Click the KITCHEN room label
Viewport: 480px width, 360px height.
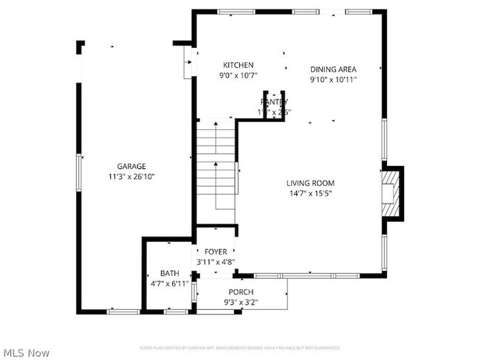pyautogui.click(x=239, y=65)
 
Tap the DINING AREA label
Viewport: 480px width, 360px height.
pyautogui.click(x=333, y=69)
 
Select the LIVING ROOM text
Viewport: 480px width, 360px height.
pyautogui.click(x=310, y=183)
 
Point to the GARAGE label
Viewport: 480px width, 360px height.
pyautogui.click(x=131, y=166)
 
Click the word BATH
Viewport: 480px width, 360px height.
pyautogui.click(x=170, y=273)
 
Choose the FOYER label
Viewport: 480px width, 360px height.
pyautogui.click(x=216, y=252)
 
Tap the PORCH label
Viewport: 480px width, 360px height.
pyautogui.click(x=240, y=292)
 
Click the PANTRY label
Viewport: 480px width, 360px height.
pyautogui.click(x=274, y=102)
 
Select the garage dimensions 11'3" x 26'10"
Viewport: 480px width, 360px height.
pyautogui.click(x=131, y=176)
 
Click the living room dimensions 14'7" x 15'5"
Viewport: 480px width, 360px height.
pyautogui.click(x=310, y=193)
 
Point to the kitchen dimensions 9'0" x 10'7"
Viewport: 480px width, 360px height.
pyautogui.click(x=239, y=75)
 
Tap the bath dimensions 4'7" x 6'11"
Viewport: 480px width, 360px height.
pyautogui.click(x=170, y=283)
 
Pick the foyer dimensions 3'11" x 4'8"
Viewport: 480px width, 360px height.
pyautogui.click(x=216, y=261)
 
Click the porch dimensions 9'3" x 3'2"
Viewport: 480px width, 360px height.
pyautogui.click(x=240, y=302)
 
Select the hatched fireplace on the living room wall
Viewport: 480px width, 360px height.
pyautogui.click(x=391, y=193)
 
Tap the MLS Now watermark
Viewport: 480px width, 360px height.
pyautogui.click(x=26, y=353)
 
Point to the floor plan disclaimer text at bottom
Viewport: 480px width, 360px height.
pyautogui.click(x=240, y=347)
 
